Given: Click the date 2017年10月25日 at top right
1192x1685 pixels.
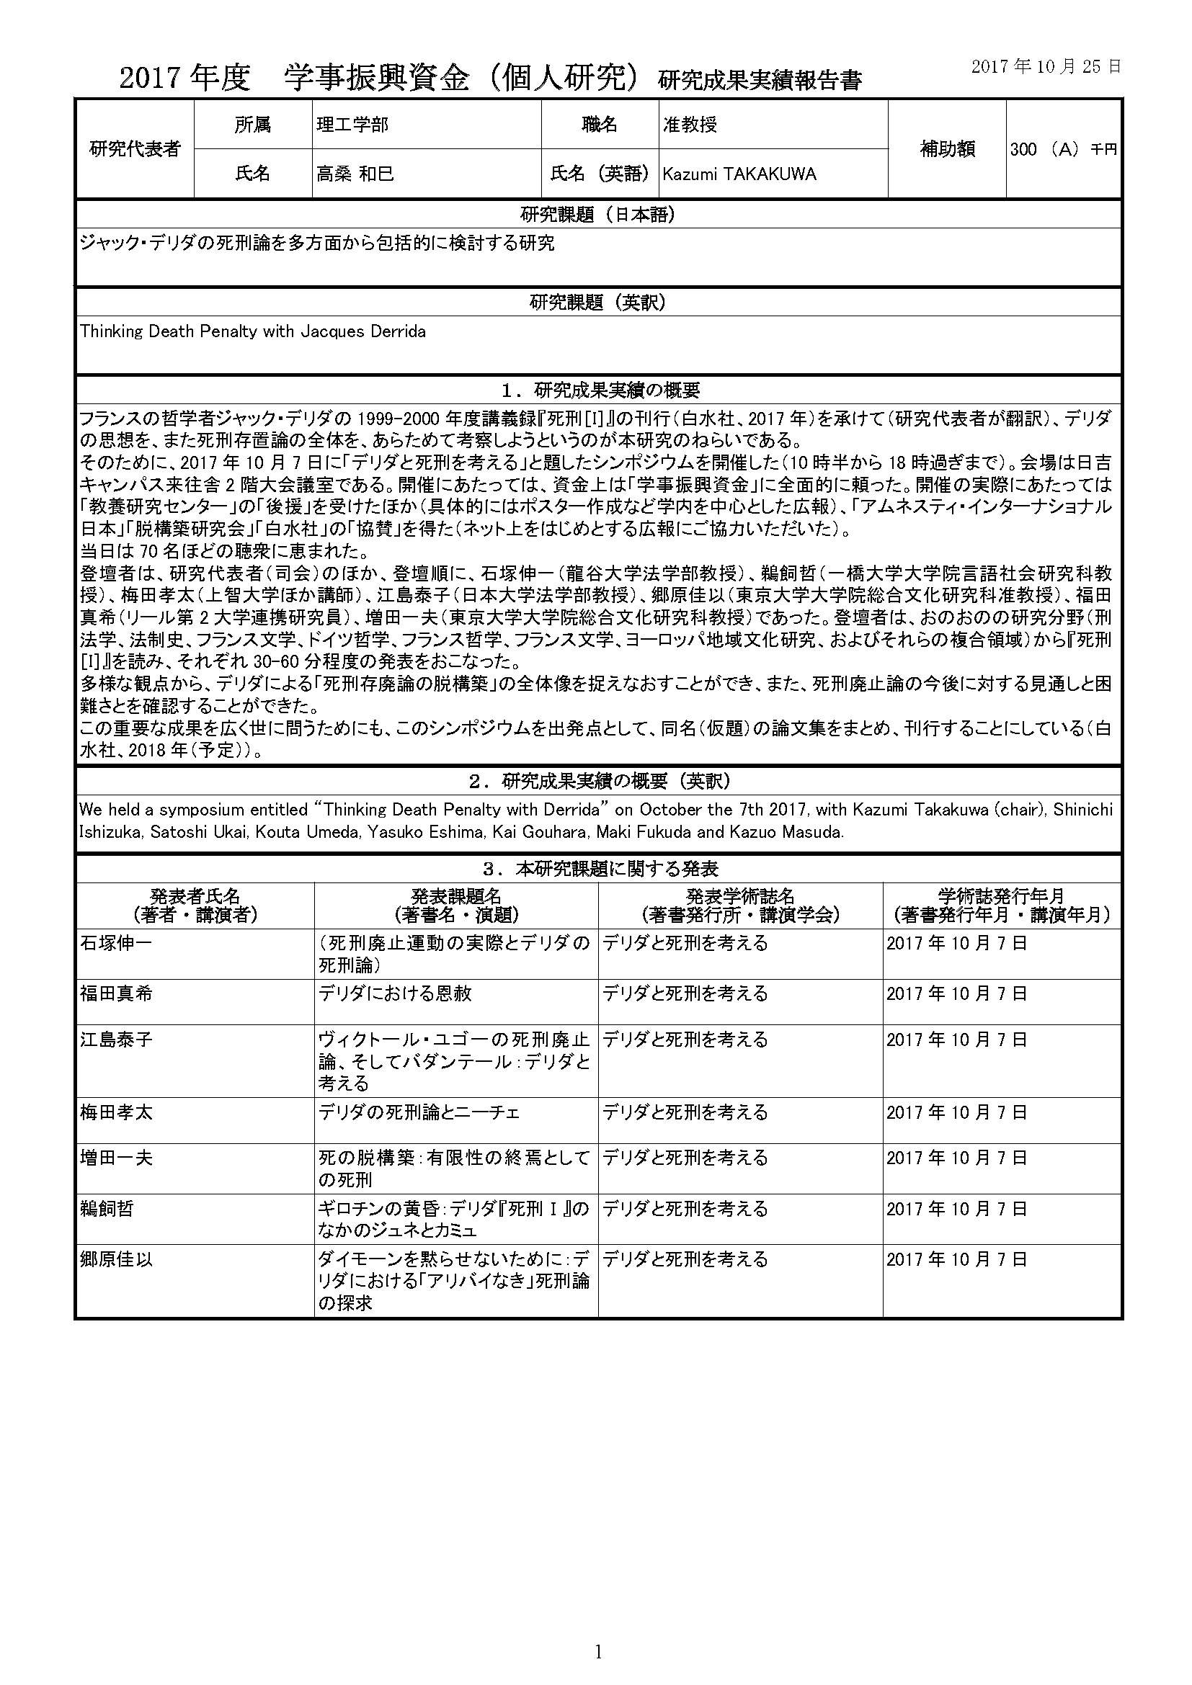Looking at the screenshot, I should pyautogui.click(x=1046, y=67).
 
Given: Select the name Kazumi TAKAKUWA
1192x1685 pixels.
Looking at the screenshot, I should pyautogui.click(x=739, y=174).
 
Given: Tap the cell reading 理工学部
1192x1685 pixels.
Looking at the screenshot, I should pyautogui.click(x=352, y=125).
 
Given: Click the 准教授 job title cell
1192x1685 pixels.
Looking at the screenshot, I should pyautogui.click(x=690, y=125).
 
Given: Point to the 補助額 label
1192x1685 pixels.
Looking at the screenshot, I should pyautogui.click(x=947, y=149).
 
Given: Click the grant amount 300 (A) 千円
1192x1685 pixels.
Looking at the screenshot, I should pyautogui.click(x=1063, y=150).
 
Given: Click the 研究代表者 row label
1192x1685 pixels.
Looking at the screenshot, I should pyautogui.click(x=134, y=149).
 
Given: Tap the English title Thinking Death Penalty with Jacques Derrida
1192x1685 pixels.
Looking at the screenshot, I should pyautogui.click(x=252, y=331).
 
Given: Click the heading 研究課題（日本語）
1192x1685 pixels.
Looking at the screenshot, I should pyautogui.click(x=597, y=214).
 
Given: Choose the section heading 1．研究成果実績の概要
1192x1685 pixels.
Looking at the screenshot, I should pyautogui.click(x=597, y=390).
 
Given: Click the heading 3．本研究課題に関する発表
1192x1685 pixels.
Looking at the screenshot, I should pyautogui.click(x=597, y=869).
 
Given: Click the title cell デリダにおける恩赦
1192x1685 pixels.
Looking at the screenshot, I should pyautogui.click(x=395, y=993).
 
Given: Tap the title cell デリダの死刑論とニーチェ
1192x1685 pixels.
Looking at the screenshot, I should pyautogui.click(x=419, y=1112).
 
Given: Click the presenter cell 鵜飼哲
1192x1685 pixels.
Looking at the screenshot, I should pyautogui.click(x=107, y=1209).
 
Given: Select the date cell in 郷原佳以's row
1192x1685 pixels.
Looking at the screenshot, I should pyautogui.click(x=956, y=1260).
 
